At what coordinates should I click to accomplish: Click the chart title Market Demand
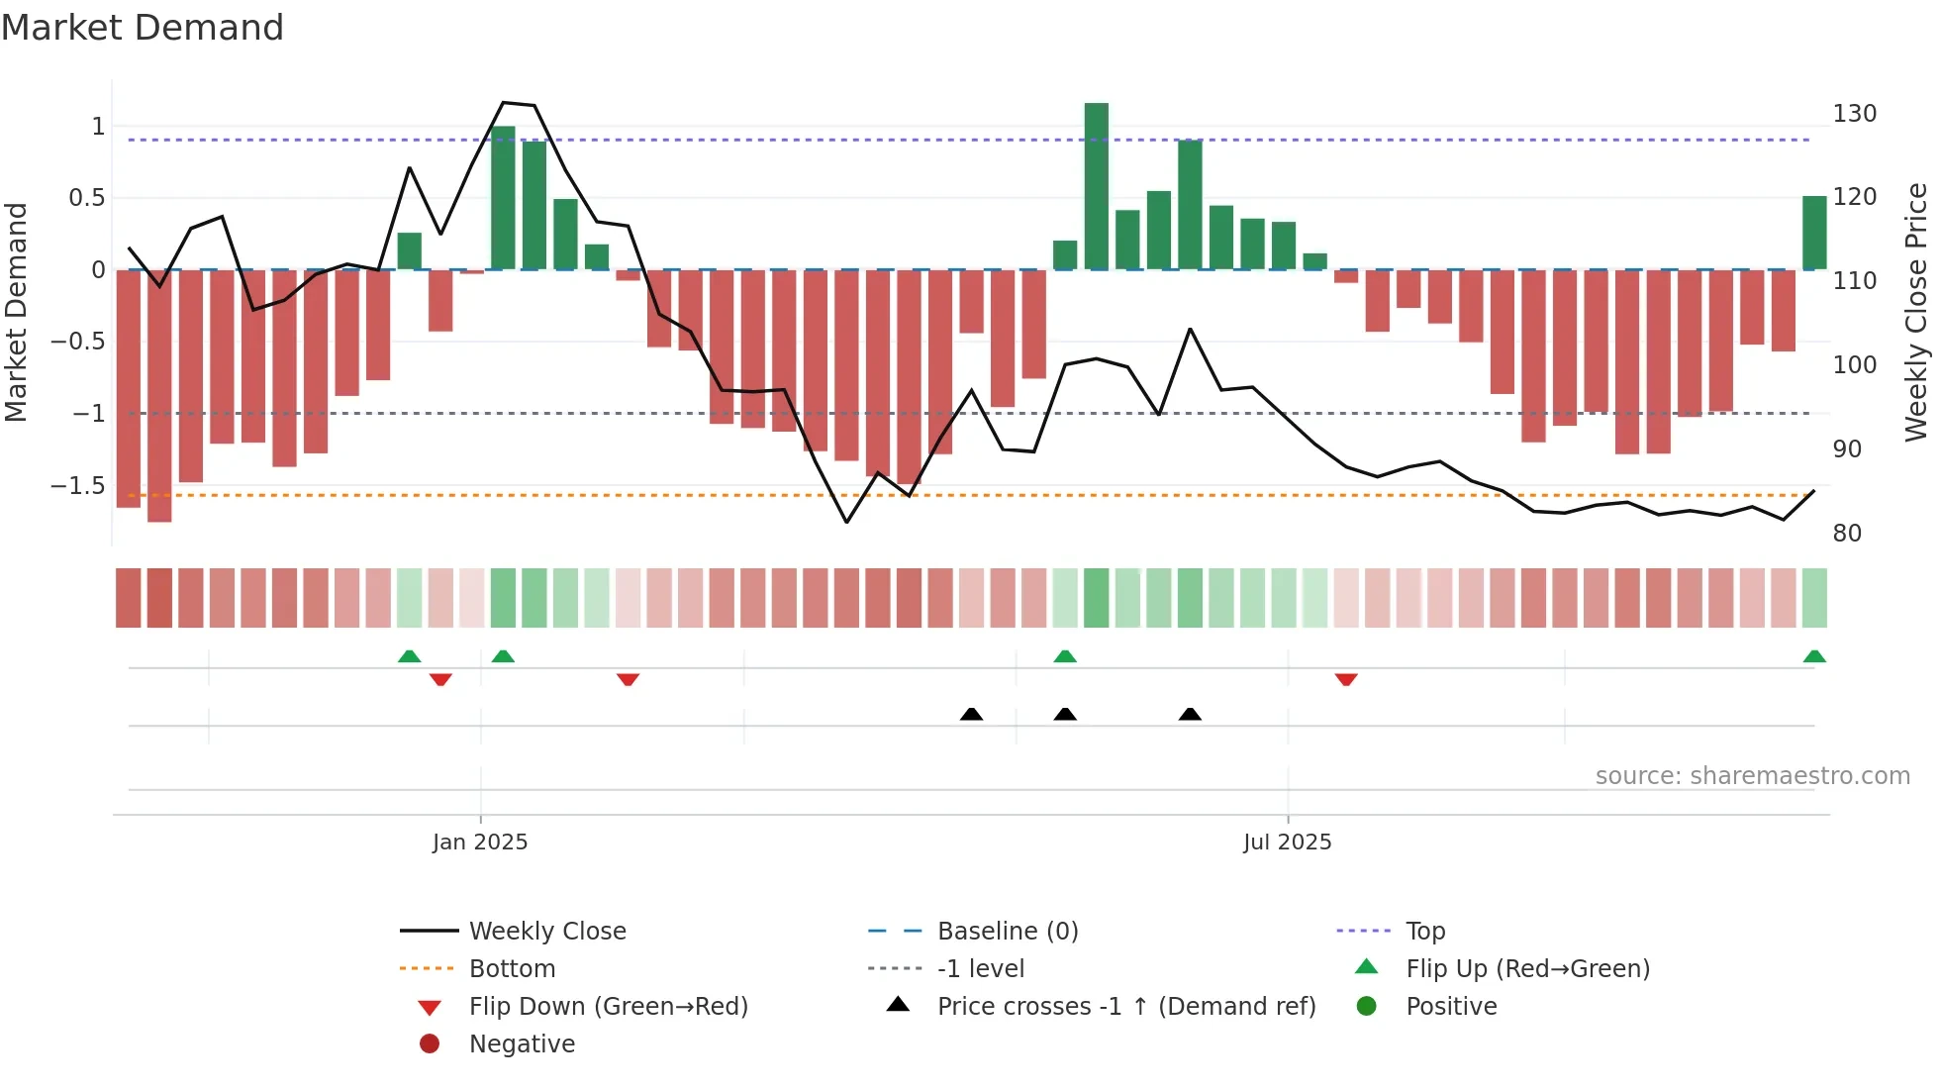pos(143,28)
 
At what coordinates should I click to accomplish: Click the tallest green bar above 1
pos(1096,185)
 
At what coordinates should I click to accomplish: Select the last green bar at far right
pos(1813,233)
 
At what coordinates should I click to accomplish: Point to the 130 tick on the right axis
pos(1853,114)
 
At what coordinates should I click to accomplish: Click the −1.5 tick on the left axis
pos(78,486)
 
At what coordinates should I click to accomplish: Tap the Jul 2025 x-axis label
pos(1287,843)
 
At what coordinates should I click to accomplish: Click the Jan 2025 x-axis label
pos(480,843)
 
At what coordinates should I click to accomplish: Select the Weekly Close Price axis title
pos(1916,312)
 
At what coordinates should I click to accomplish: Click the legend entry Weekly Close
pos(546,932)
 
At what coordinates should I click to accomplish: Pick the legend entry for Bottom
pos(512,969)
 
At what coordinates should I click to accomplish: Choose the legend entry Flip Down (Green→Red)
pos(608,1007)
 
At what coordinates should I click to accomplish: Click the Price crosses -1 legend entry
pos(1125,1007)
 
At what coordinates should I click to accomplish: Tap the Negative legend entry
pos(522,1044)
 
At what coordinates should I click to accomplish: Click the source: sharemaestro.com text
pos(1752,776)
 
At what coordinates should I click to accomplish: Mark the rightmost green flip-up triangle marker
pos(1813,656)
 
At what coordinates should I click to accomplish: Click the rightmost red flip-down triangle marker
pos(1345,679)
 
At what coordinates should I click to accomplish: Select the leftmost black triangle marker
pos(971,714)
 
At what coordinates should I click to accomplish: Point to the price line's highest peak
pos(504,103)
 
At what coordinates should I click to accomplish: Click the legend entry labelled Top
pos(1424,932)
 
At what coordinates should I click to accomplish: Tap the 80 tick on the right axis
pos(1846,534)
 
